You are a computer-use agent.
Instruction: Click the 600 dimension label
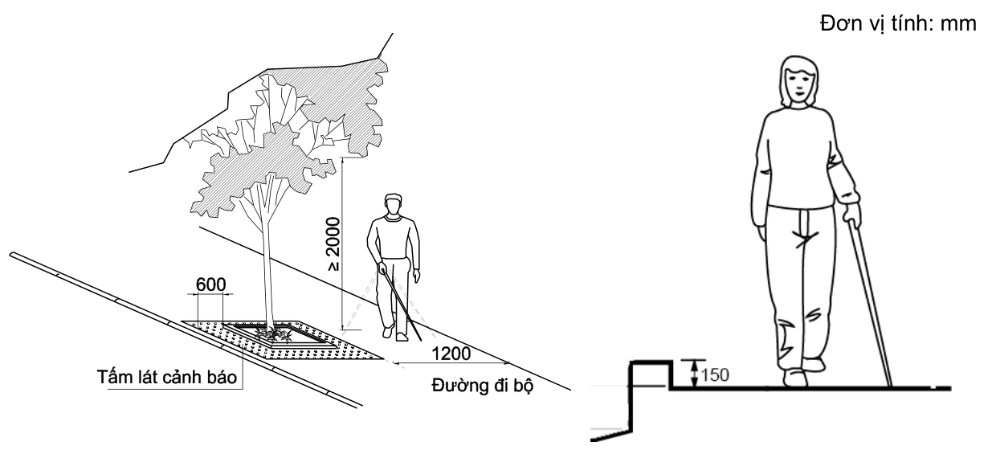pos(210,284)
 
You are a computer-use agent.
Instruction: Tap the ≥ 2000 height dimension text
pos(333,243)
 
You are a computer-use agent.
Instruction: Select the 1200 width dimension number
pos(451,354)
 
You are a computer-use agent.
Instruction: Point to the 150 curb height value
pos(715,375)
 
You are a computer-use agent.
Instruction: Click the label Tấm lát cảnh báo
pos(167,377)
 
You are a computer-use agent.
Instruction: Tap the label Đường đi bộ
pos(482,386)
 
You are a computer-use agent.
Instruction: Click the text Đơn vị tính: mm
pos(898,23)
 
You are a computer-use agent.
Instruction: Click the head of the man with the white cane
pos(394,205)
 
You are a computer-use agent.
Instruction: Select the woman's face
pos(798,84)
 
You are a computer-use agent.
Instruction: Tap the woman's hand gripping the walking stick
pos(852,215)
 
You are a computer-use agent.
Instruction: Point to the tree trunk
pos(266,257)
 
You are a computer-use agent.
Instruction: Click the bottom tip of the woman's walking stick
pos(890,387)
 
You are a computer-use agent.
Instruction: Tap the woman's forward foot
pos(795,378)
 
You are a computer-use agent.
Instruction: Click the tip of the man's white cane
pos(420,340)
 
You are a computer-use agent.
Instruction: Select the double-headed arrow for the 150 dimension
pos(695,374)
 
